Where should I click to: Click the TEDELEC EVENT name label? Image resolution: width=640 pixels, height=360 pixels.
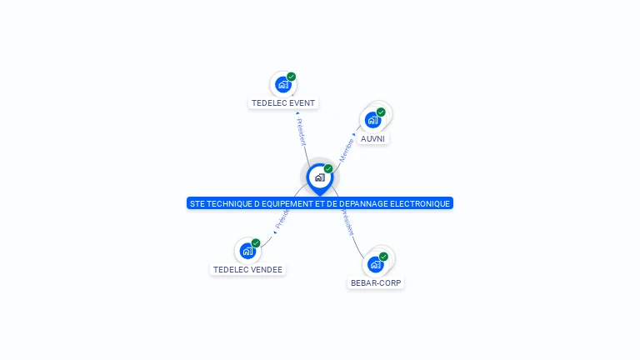pos(283,103)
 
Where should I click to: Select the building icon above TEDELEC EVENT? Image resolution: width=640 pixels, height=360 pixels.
pos(283,84)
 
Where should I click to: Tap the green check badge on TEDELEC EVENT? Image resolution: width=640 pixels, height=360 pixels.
pos(292,77)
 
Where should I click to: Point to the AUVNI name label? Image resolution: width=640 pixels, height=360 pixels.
pos(372,138)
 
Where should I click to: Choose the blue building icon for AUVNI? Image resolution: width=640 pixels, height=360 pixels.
pos(372,119)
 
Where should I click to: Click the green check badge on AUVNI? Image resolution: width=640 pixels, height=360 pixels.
pos(381,112)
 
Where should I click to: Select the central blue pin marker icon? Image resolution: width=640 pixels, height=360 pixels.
pos(319,177)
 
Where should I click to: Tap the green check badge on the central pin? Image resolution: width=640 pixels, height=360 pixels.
pos(328,169)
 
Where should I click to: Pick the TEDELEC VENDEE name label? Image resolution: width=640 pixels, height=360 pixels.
pos(247,270)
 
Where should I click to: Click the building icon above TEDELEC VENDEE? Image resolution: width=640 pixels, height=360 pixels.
pos(247,250)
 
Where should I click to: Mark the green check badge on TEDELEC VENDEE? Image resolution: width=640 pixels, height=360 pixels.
pos(256,243)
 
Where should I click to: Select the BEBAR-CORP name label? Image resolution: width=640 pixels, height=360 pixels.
pos(376,283)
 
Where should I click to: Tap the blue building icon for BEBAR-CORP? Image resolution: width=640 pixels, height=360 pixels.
pos(375,264)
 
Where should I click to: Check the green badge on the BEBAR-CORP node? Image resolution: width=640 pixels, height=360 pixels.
pos(383,257)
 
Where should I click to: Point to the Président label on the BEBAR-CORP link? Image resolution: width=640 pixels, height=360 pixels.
pos(347,223)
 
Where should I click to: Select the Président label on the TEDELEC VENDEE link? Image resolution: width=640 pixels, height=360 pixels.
pos(282,220)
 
